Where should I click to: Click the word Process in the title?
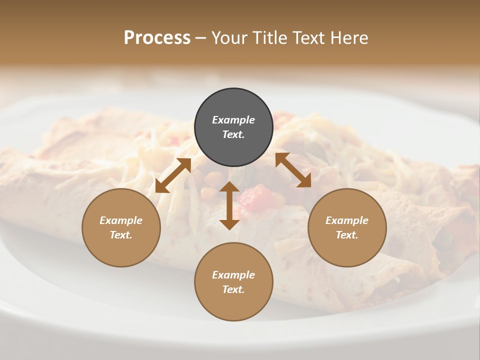coord(157,38)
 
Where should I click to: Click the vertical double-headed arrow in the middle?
coord(229,205)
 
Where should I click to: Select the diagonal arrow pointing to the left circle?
coord(173,175)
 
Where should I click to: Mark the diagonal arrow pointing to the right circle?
coord(293,170)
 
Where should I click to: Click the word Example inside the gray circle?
coord(233,120)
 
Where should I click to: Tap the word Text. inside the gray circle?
coord(233,134)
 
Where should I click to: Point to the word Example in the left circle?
coord(121,220)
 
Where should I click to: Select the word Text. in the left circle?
coord(121,235)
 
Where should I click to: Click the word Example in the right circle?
coord(347,220)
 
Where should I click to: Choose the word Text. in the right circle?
coord(347,235)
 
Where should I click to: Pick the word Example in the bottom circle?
coord(233,275)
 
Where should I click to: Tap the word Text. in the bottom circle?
coord(233,289)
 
